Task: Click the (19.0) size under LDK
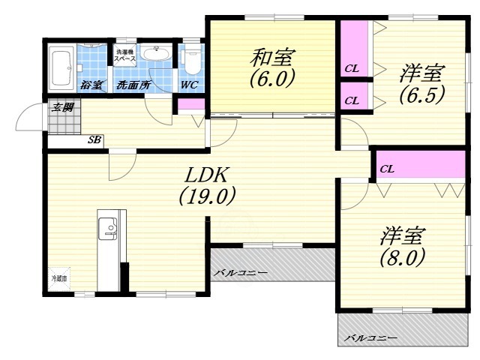pyautogui.click(x=207, y=196)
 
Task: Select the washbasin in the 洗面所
pyautogui.click(x=156, y=55)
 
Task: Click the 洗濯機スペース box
pyautogui.click(x=125, y=55)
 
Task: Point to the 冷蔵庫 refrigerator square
pyautogui.click(x=59, y=278)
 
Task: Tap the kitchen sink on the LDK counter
pyautogui.click(x=107, y=227)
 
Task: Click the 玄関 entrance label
pyautogui.click(x=63, y=107)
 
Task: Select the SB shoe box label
pyautogui.click(x=95, y=139)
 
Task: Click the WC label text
pyautogui.click(x=188, y=85)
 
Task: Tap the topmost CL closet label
pyautogui.click(x=352, y=69)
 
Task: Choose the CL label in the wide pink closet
pyautogui.click(x=386, y=169)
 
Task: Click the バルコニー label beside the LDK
pyautogui.click(x=240, y=272)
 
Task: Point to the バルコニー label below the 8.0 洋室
pyautogui.click(x=370, y=339)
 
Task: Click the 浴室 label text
pyautogui.click(x=94, y=85)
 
